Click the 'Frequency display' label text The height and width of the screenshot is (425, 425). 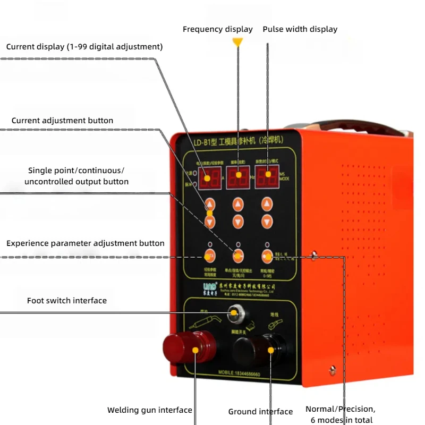[x=217, y=29]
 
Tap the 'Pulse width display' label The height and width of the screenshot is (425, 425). [x=300, y=29]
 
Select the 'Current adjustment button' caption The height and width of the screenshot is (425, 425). [x=62, y=121]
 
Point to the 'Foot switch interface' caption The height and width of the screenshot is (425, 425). [x=67, y=301]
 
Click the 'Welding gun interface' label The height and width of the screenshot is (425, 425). [x=149, y=410]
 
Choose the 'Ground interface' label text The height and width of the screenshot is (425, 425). [x=260, y=412]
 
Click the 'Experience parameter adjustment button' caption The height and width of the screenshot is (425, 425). [x=86, y=243]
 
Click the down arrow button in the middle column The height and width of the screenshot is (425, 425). [x=238, y=222]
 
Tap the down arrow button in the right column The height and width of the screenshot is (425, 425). [x=267, y=222]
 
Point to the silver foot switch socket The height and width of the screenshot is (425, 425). [x=232, y=313]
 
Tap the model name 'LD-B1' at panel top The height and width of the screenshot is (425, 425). [x=202, y=142]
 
